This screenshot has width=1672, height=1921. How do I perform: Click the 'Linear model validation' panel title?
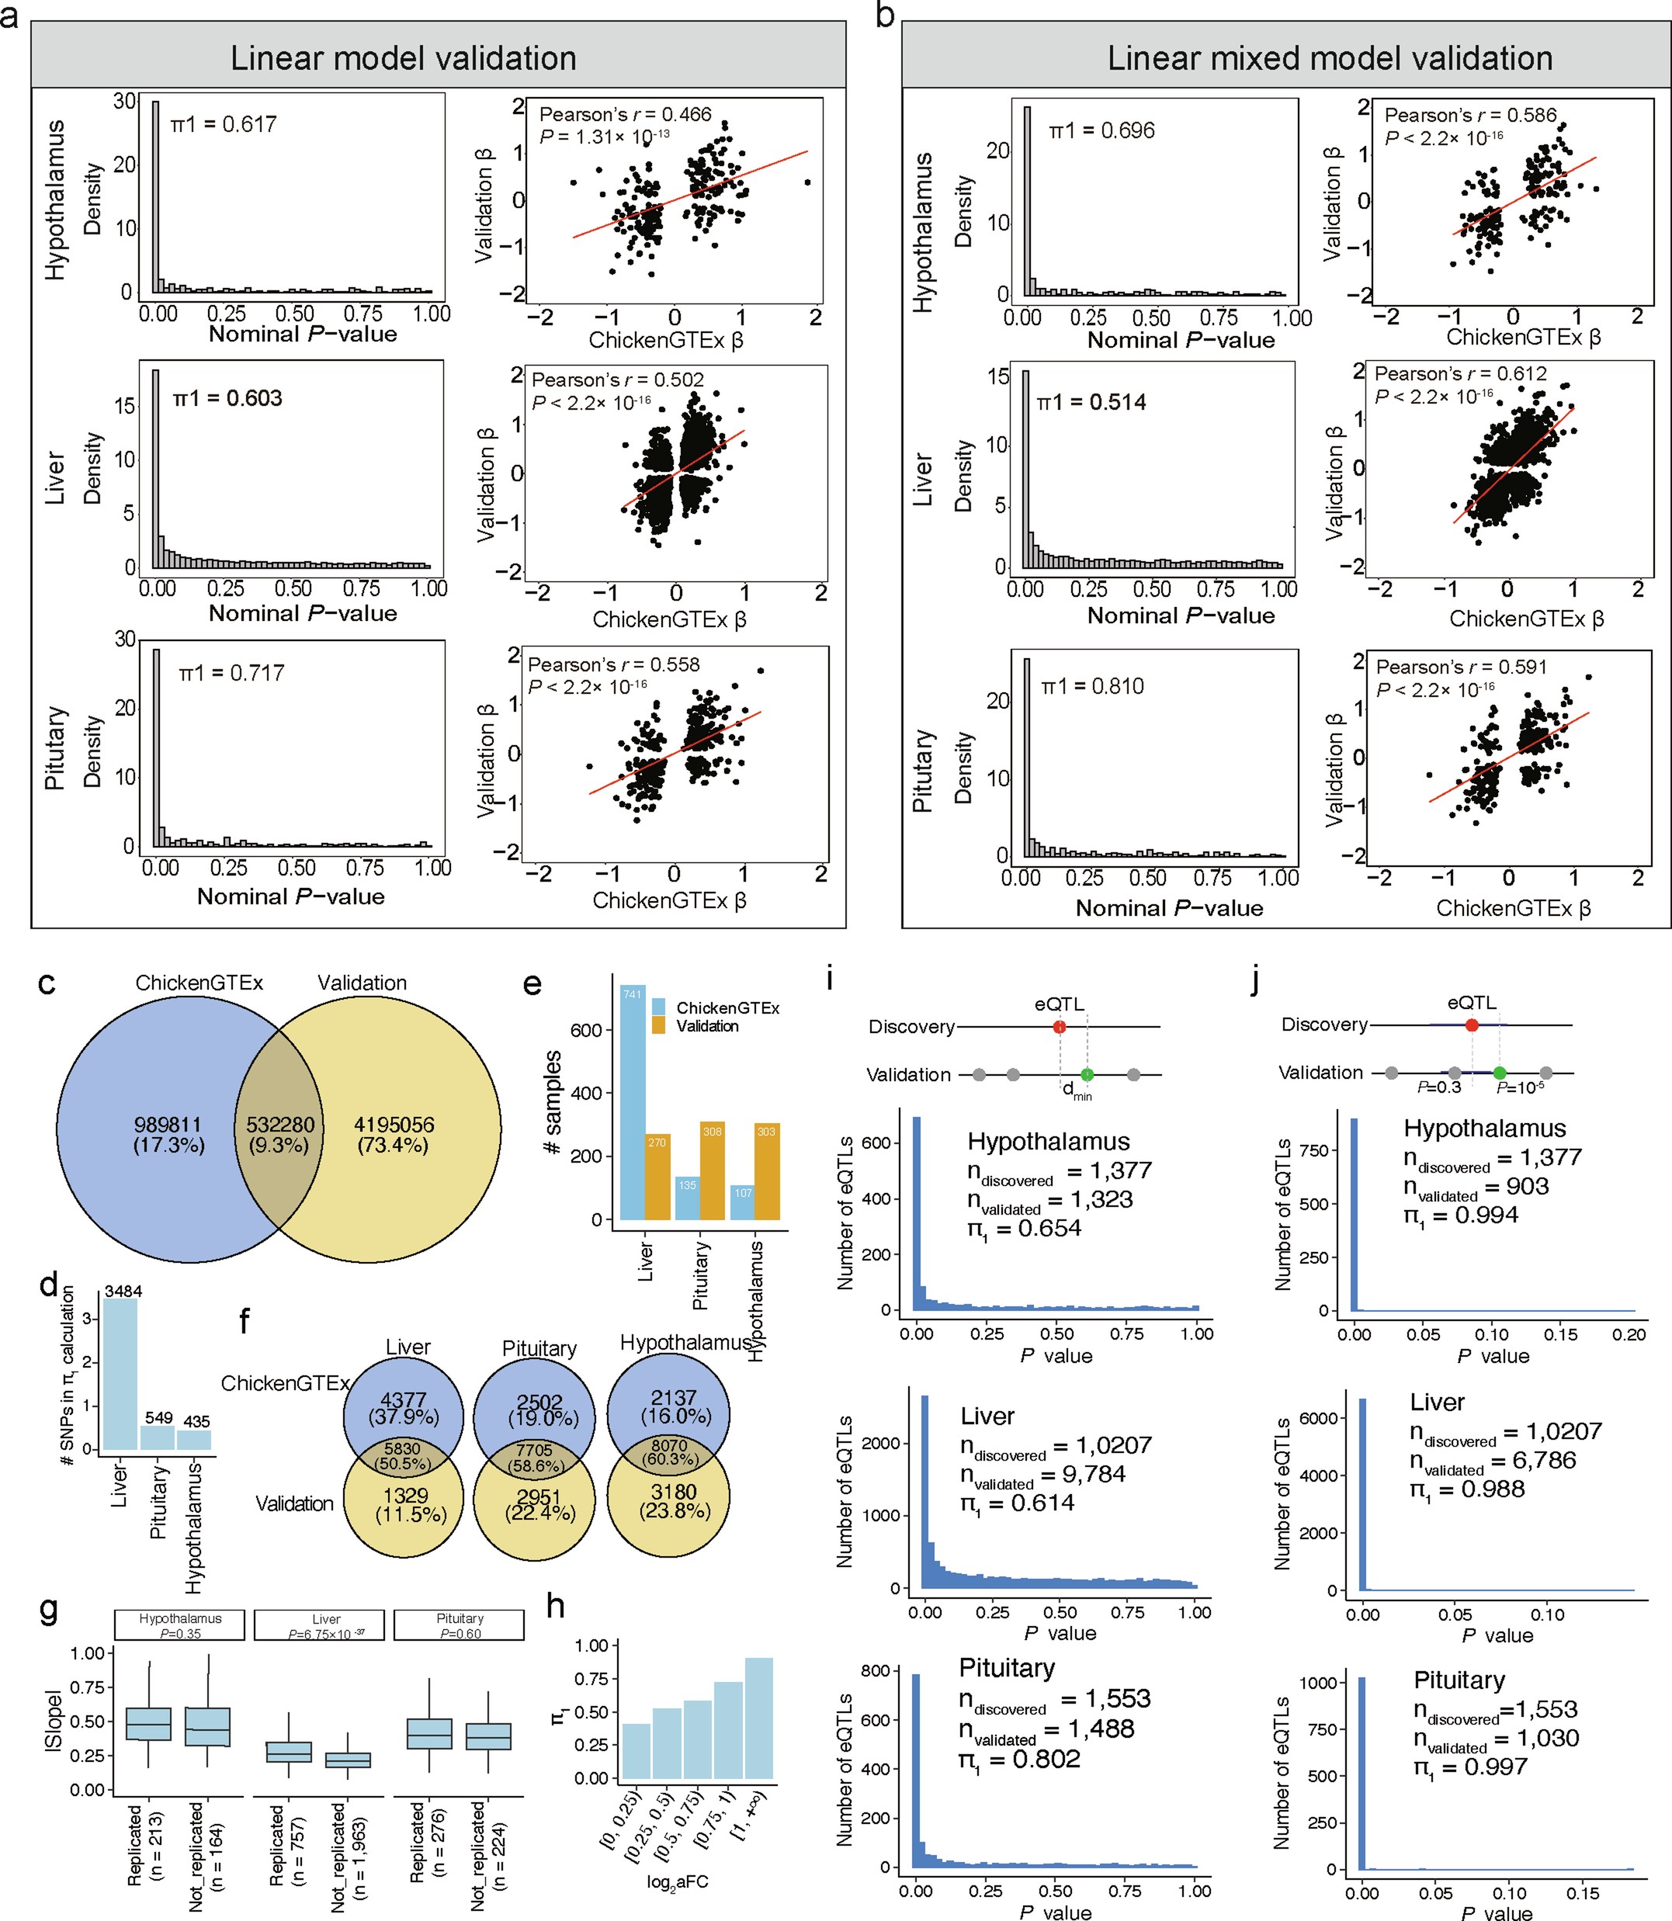coord(403,58)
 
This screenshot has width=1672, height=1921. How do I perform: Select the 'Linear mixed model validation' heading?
coord(1330,58)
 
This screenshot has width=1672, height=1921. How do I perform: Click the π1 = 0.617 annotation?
coord(224,124)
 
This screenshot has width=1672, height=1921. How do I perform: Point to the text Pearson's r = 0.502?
coord(618,380)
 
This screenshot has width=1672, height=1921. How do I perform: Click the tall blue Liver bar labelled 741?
coord(633,1101)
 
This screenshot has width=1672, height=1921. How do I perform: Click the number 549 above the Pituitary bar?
coord(158,1417)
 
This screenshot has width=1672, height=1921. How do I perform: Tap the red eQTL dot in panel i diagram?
coord(1059,1026)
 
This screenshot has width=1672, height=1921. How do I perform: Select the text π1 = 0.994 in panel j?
coord(1461,1215)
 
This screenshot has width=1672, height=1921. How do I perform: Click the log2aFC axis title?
coord(678,1882)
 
